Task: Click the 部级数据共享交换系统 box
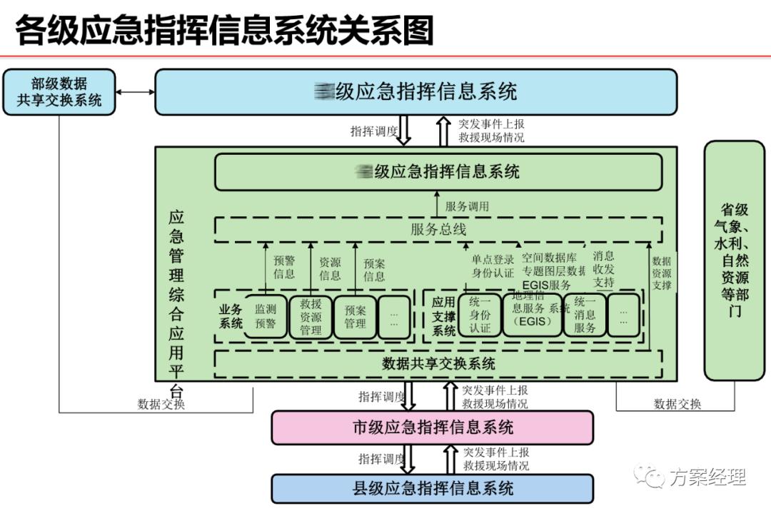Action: point(59,91)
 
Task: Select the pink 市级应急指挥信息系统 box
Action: point(433,427)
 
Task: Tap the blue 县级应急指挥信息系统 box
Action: point(433,489)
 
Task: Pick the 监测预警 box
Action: point(265,316)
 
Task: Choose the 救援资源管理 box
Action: point(311,316)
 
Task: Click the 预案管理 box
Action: point(355,316)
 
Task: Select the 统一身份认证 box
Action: point(480,315)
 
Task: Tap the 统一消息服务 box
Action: point(585,315)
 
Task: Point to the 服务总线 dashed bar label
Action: point(438,229)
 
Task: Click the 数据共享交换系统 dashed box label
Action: point(438,363)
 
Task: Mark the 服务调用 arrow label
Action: point(467,207)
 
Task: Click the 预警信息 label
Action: point(284,268)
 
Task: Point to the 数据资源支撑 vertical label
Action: point(662,273)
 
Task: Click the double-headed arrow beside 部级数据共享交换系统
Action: point(136,92)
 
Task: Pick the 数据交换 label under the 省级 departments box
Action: point(677,404)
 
